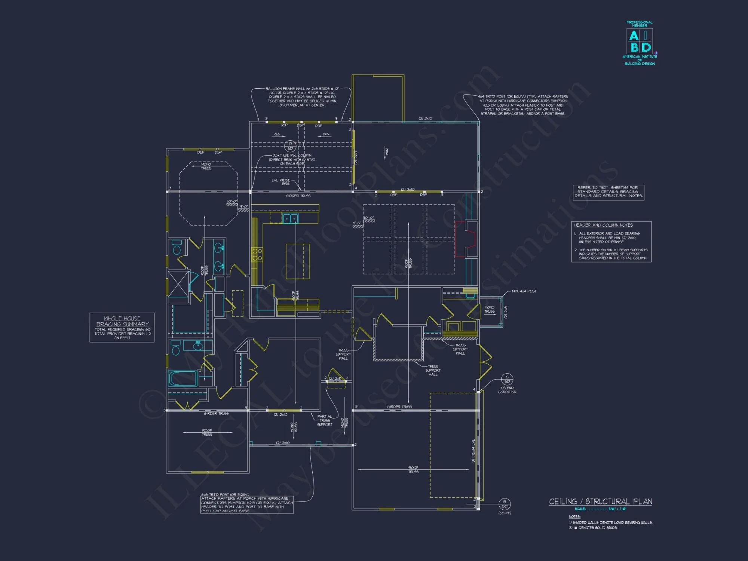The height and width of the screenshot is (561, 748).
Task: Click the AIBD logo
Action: point(640,42)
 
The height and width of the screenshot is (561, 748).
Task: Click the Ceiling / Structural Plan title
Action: point(600,502)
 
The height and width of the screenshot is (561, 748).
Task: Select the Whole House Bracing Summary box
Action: point(122,327)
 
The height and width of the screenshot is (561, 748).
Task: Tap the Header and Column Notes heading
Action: point(603,225)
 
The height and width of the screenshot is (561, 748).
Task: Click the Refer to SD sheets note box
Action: point(608,192)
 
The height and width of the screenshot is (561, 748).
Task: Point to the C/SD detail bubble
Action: point(507,379)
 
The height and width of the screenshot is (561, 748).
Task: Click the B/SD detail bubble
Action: point(505,504)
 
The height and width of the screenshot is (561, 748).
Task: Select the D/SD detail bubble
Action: point(290,146)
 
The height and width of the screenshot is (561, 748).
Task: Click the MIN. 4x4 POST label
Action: point(524,291)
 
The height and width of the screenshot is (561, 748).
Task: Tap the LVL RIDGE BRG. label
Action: point(281,182)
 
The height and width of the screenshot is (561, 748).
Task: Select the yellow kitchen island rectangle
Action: point(298,261)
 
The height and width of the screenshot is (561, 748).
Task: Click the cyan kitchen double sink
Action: point(290,219)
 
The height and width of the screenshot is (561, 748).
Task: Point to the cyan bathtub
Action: point(183,378)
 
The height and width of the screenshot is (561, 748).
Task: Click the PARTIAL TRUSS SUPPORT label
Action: point(324,420)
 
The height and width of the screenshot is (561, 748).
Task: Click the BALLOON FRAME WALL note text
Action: point(302,97)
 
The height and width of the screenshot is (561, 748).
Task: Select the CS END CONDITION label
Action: point(507,390)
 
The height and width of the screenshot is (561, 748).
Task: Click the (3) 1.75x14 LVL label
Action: point(473,451)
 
